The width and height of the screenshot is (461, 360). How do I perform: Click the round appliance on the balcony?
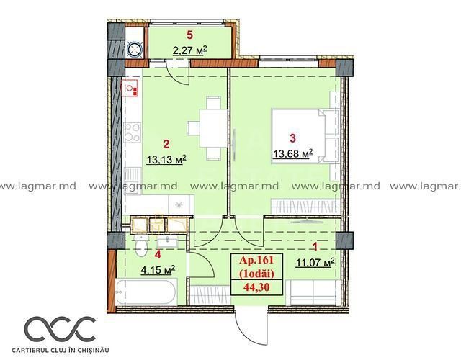coord(135,49)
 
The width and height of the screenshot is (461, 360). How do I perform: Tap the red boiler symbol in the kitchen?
coord(130,89)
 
